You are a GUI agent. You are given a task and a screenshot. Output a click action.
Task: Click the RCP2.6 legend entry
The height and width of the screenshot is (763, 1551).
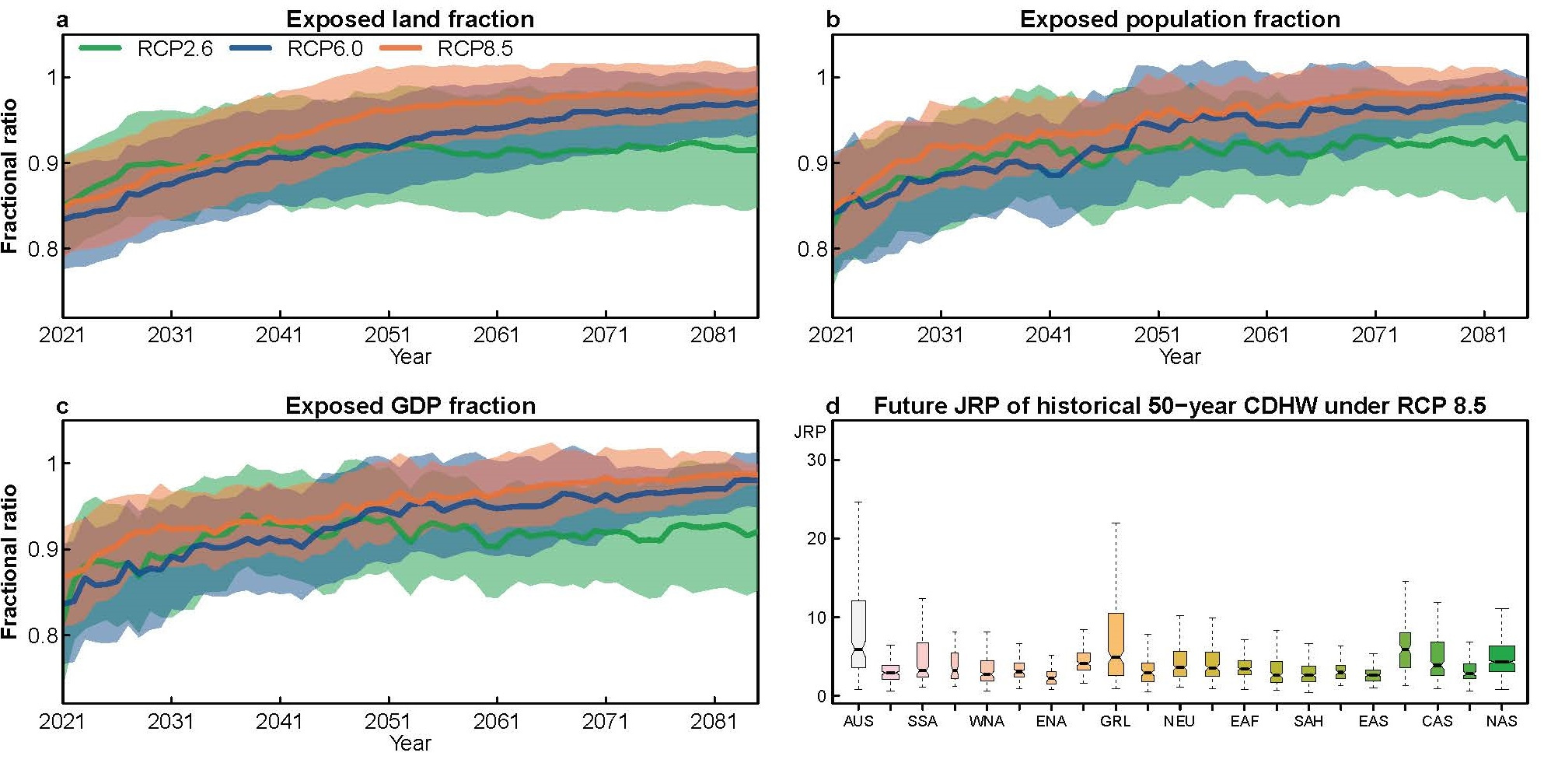tap(146, 49)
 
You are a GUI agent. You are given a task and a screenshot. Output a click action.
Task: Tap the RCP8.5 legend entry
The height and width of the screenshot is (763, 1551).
tap(447, 49)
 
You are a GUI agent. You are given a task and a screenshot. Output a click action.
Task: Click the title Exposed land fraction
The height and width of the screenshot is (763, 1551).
tap(410, 19)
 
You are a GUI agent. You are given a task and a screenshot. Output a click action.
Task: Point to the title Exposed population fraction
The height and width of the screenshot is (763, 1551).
tap(1179, 19)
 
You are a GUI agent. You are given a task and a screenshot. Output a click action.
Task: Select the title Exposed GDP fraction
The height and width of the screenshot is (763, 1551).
tap(410, 405)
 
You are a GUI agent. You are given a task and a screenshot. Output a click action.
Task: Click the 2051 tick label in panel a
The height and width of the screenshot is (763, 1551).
tap(387, 335)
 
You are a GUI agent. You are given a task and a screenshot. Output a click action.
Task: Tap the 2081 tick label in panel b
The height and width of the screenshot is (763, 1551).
tap(1483, 335)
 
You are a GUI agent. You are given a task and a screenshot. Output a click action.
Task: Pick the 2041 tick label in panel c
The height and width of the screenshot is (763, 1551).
tap(278, 722)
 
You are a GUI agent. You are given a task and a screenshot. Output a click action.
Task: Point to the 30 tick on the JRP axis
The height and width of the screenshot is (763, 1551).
tap(816, 460)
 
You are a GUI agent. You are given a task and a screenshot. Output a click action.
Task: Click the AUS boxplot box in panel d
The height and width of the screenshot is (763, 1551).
tap(858, 633)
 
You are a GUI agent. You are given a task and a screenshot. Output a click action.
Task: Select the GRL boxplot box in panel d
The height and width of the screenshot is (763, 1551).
tap(1116, 643)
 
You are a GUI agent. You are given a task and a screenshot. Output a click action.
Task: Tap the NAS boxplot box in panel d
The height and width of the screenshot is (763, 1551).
tap(1501, 658)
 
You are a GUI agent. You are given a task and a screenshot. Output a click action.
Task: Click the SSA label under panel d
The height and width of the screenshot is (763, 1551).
tap(922, 721)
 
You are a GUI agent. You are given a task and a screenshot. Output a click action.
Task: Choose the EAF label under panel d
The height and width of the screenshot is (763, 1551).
tap(1244, 721)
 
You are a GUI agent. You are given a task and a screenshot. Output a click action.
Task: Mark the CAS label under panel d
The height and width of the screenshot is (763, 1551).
tap(1437, 721)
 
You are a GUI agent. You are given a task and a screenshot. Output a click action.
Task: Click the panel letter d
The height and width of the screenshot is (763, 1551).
tap(832, 406)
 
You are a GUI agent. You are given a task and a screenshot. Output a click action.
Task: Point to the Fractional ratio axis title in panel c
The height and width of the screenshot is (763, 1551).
tap(9, 562)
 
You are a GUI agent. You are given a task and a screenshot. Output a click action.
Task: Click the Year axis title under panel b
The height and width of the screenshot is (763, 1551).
tap(1179, 356)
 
